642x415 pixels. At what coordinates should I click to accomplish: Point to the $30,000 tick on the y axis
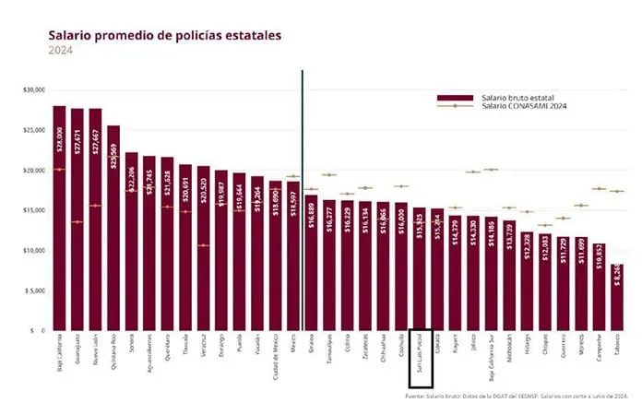tap(35, 89)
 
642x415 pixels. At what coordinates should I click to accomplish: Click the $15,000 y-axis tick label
tap(35, 210)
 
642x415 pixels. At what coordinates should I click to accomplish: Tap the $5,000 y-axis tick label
tap(35, 290)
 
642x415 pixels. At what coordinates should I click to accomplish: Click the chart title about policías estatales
tap(165, 36)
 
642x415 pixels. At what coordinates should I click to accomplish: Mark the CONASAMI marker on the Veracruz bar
tap(203, 245)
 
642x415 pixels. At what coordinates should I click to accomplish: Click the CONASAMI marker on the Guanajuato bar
tap(77, 221)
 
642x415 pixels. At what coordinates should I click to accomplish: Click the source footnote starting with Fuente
tap(517, 396)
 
